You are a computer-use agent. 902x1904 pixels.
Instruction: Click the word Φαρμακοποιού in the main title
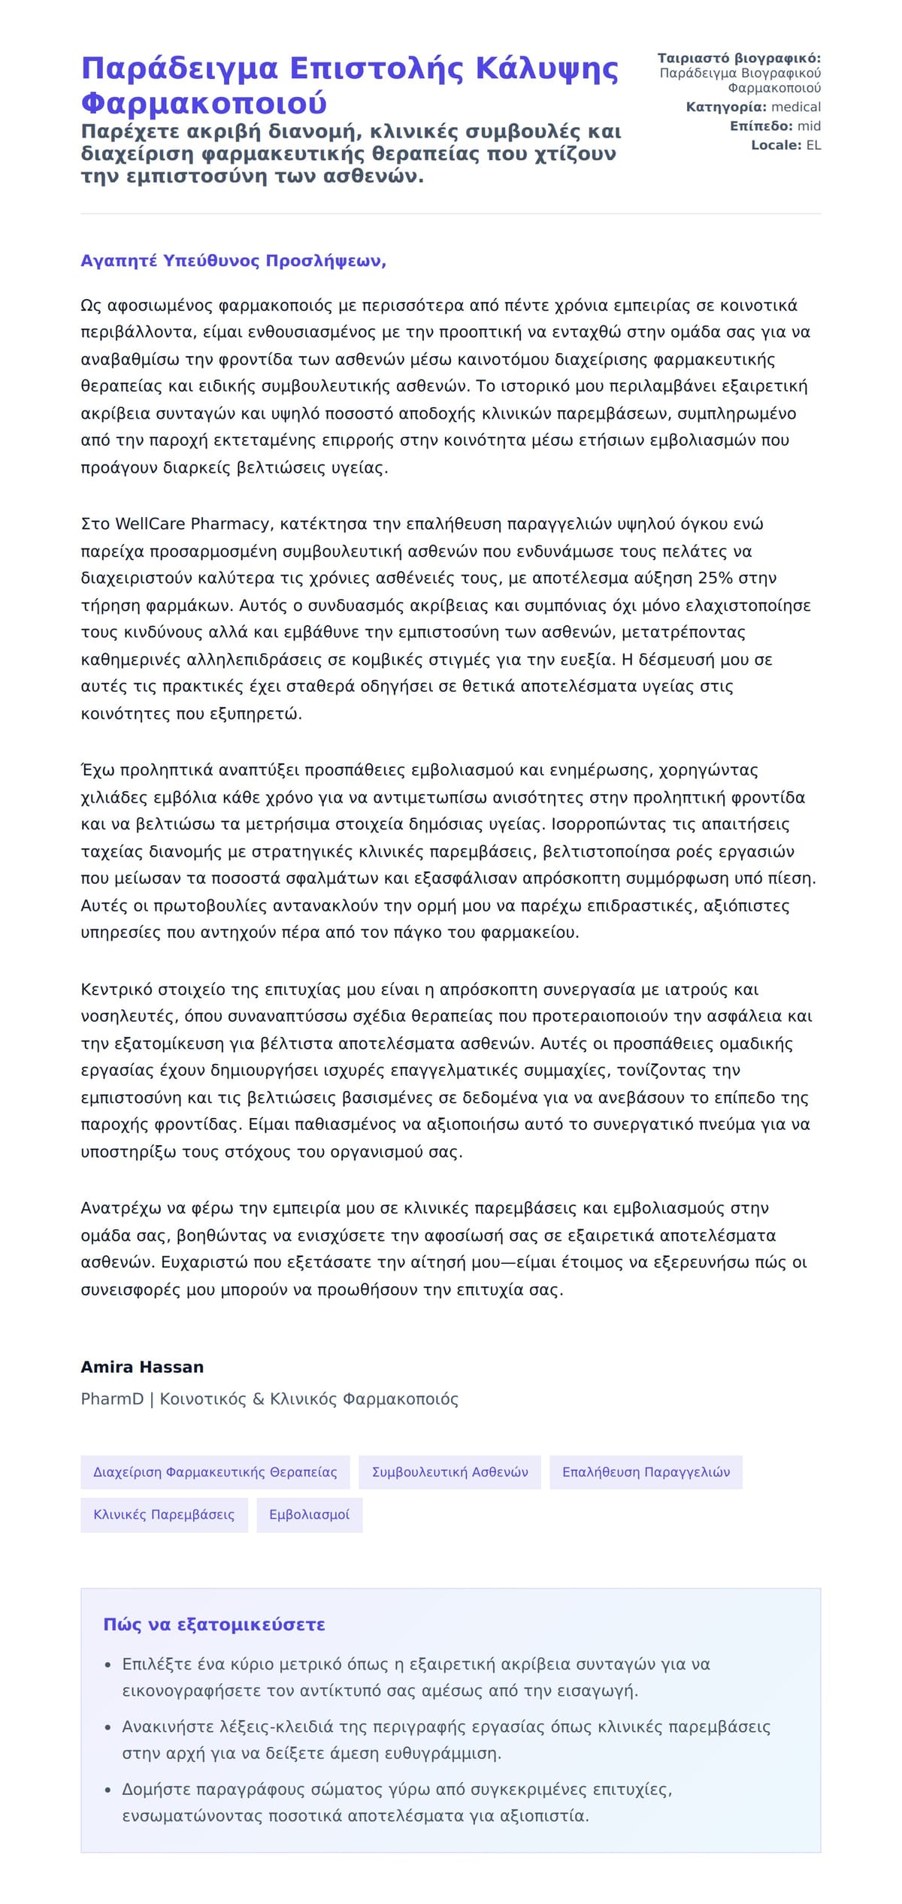point(204,104)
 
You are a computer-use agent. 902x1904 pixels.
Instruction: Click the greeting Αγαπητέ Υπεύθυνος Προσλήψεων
point(233,261)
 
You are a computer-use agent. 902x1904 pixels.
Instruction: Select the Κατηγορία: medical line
point(752,107)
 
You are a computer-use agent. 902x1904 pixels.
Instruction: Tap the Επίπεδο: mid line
point(775,126)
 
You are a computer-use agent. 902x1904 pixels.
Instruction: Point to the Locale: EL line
point(785,145)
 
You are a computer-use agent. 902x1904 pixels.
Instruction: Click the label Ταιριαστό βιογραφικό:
point(739,59)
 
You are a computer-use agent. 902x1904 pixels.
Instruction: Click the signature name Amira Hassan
point(142,1367)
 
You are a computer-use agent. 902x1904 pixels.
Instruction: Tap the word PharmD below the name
point(112,1399)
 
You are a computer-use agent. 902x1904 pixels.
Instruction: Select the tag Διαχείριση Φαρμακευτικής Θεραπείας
point(215,1472)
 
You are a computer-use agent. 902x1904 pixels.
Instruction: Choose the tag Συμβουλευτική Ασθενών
point(449,1472)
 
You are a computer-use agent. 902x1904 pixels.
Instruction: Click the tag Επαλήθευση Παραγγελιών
point(646,1472)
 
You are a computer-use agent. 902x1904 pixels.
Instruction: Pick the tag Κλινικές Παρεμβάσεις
point(164,1515)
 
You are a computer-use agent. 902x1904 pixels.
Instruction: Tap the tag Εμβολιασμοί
point(309,1515)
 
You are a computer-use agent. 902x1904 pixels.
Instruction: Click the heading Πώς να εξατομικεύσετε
point(214,1624)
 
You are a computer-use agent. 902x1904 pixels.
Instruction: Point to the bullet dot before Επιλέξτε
point(108,1665)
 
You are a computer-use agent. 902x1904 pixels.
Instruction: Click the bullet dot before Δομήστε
point(108,1791)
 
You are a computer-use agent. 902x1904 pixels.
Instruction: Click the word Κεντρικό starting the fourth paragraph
point(117,990)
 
